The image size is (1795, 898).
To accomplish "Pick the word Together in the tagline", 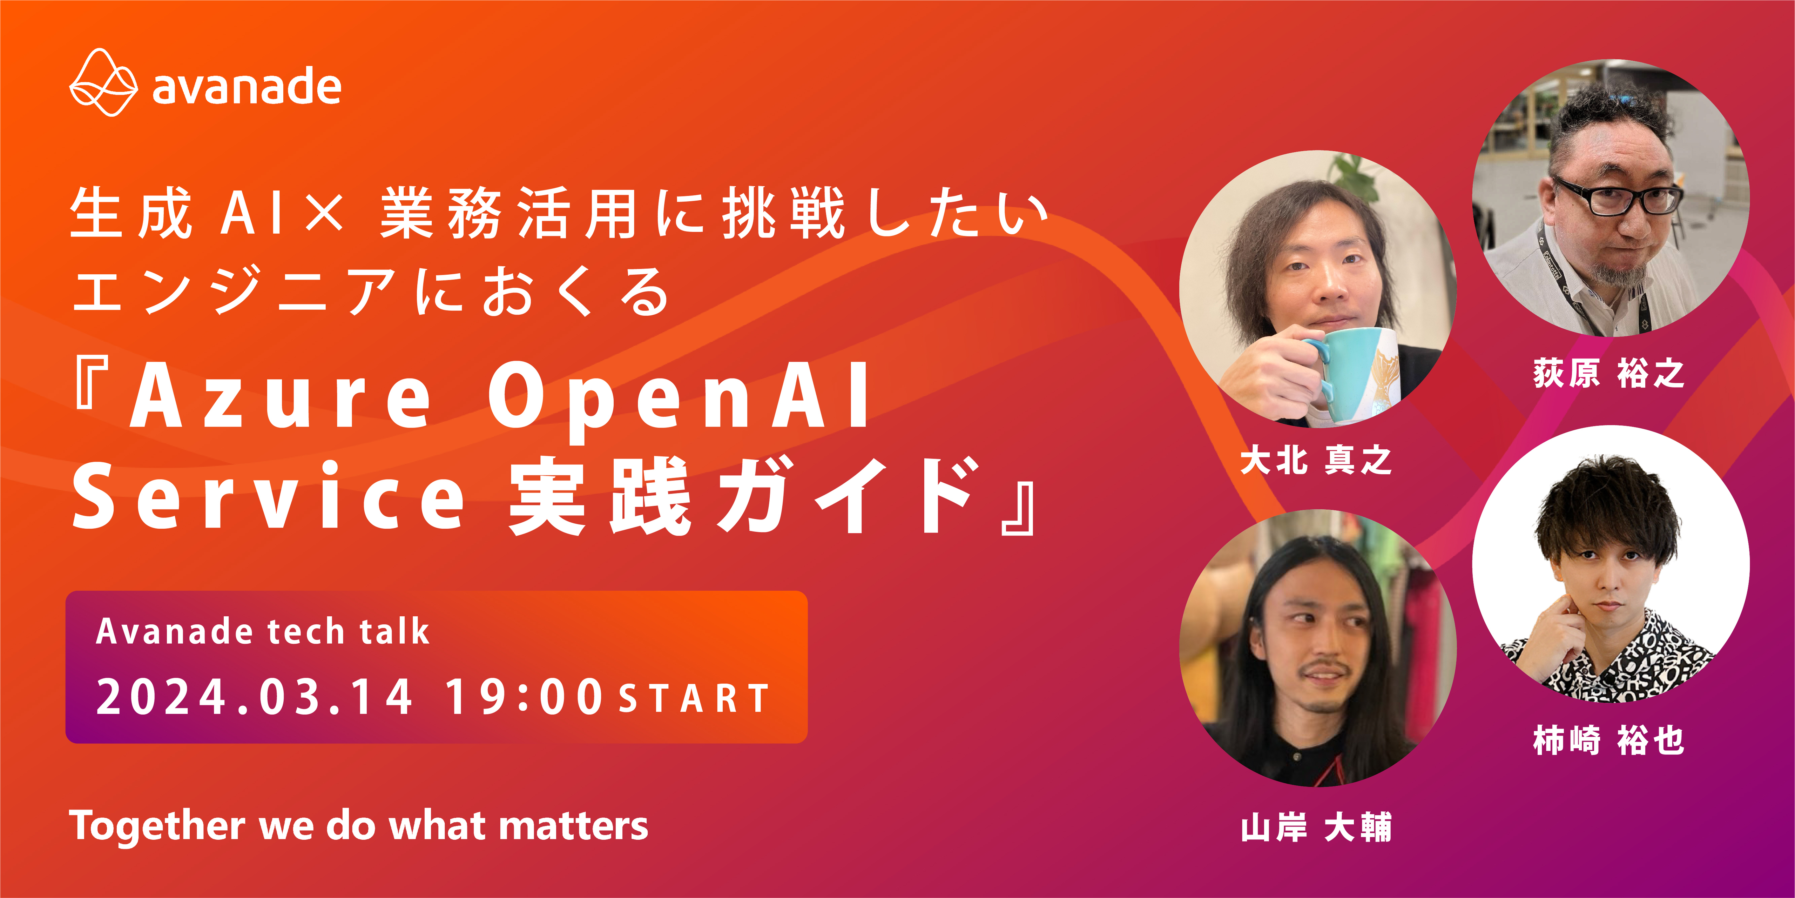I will pos(157,826).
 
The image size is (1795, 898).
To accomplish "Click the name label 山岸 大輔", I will pos(1316,827).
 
